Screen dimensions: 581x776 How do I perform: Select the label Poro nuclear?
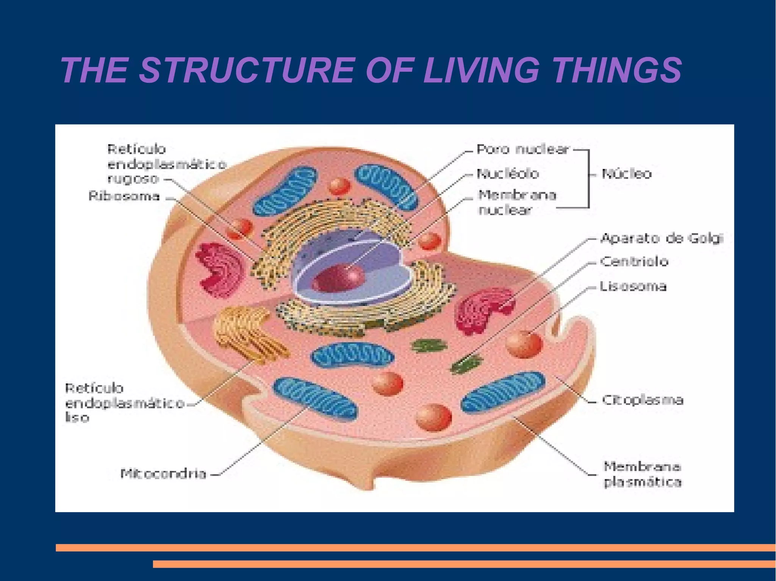pos(523,150)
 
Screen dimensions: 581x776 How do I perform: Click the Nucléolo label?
pos(508,174)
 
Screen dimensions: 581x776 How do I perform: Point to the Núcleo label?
pos(626,174)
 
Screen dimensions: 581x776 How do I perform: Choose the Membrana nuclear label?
pos(517,202)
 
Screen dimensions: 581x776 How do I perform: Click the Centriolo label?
pos(634,262)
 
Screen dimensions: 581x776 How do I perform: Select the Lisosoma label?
pos(633,286)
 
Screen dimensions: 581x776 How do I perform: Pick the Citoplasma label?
pos(643,400)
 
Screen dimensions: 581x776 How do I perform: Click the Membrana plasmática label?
pos(642,474)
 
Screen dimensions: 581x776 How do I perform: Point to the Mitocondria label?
pos(163,473)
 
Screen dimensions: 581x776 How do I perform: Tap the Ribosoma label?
pos(124,196)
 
